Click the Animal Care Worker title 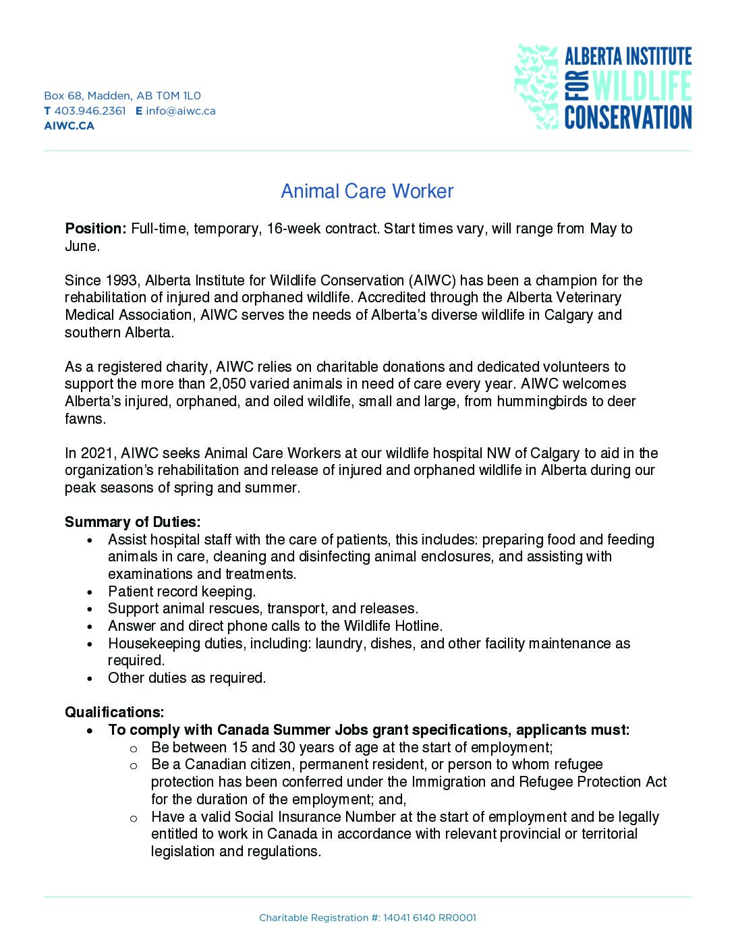pyautogui.click(x=367, y=192)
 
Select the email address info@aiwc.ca pyautogui.click(x=181, y=111)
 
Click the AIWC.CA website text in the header pyautogui.click(x=69, y=125)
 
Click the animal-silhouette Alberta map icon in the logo pyautogui.click(x=536, y=86)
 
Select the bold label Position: pyautogui.click(x=95, y=229)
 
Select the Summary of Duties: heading pyautogui.click(x=132, y=522)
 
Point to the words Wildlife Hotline pyautogui.click(x=393, y=626)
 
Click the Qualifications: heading pyautogui.click(x=114, y=712)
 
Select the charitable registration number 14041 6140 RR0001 pyautogui.click(x=430, y=918)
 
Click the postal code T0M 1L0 pyautogui.click(x=178, y=96)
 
